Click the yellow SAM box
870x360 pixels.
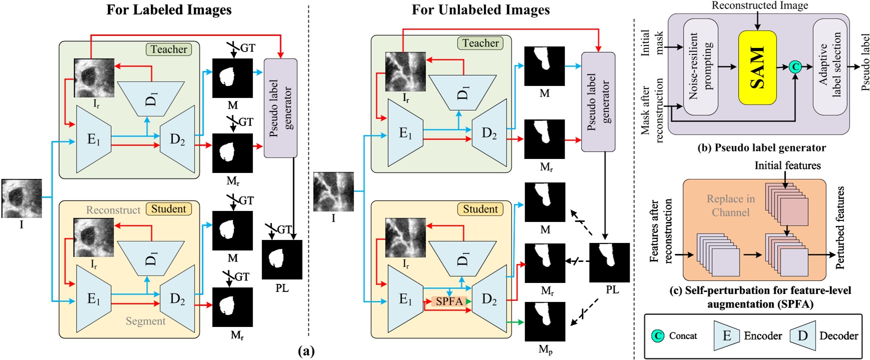tap(757, 67)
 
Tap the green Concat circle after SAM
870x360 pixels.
tap(795, 66)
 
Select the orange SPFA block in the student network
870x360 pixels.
tap(448, 301)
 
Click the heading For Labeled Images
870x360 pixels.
tap(169, 10)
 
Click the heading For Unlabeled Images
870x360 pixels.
tap(480, 10)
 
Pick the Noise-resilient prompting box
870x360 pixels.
tap(700, 66)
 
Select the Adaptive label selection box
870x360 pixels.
tap(830, 66)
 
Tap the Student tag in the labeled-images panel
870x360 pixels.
tap(168, 209)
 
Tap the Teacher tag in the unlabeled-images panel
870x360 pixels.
tap(480, 43)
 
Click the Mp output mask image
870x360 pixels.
tap(544, 321)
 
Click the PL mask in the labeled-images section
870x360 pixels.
tap(282, 259)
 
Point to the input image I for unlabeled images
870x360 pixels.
tap(333, 191)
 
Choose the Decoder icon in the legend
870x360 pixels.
tap(802, 335)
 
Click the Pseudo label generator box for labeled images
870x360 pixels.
tap(280, 107)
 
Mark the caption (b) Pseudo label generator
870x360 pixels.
tap(761, 147)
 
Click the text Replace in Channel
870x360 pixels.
tap(730, 205)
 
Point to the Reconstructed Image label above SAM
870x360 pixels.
tap(759, 5)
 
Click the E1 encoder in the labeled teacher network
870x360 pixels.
tap(93, 139)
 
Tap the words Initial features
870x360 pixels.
tap(787, 165)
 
